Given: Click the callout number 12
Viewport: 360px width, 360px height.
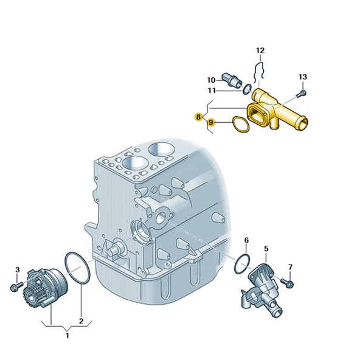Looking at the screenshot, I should click(x=260, y=50).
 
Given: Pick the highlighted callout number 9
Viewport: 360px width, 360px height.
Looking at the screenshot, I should click(x=212, y=123).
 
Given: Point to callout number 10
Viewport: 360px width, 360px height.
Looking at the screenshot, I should click(x=210, y=80).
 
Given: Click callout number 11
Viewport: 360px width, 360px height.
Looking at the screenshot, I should click(x=211, y=91).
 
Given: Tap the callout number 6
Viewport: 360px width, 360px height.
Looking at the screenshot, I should click(x=247, y=241).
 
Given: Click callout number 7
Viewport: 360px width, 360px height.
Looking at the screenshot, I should click(x=290, y=267).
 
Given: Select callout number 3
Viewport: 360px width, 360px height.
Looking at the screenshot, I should click(x=18, y=269).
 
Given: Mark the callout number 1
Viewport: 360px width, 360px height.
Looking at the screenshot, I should click(x=67, y=335).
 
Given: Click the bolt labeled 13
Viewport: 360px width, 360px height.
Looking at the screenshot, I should click(x=298, y=94).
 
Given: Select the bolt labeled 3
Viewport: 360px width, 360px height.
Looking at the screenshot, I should click(x=16, y=285).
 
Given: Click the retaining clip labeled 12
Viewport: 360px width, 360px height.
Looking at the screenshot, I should click(x=258, y=71).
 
